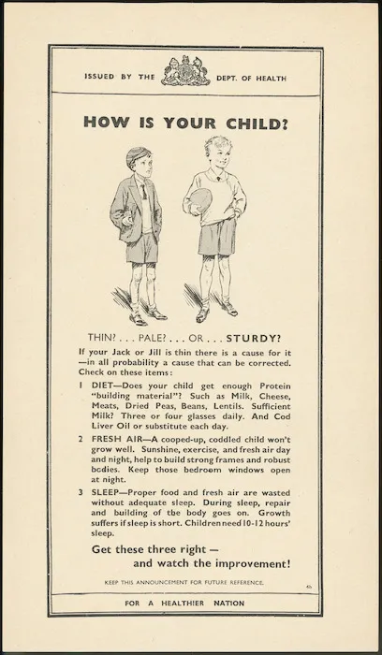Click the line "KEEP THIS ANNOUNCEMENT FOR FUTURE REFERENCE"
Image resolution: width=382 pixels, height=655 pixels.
pyautogui.click(x=186, y=582)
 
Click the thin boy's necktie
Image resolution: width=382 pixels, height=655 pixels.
pyautogui.click(x=141, y=194)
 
